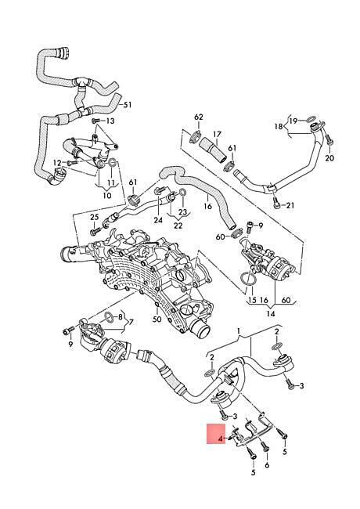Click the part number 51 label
128,104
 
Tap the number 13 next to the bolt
110,121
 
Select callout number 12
57,162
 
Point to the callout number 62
199,117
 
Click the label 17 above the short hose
217,134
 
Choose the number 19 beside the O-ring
293,121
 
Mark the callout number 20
329,158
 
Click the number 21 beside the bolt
290,205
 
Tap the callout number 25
94,217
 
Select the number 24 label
158,220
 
